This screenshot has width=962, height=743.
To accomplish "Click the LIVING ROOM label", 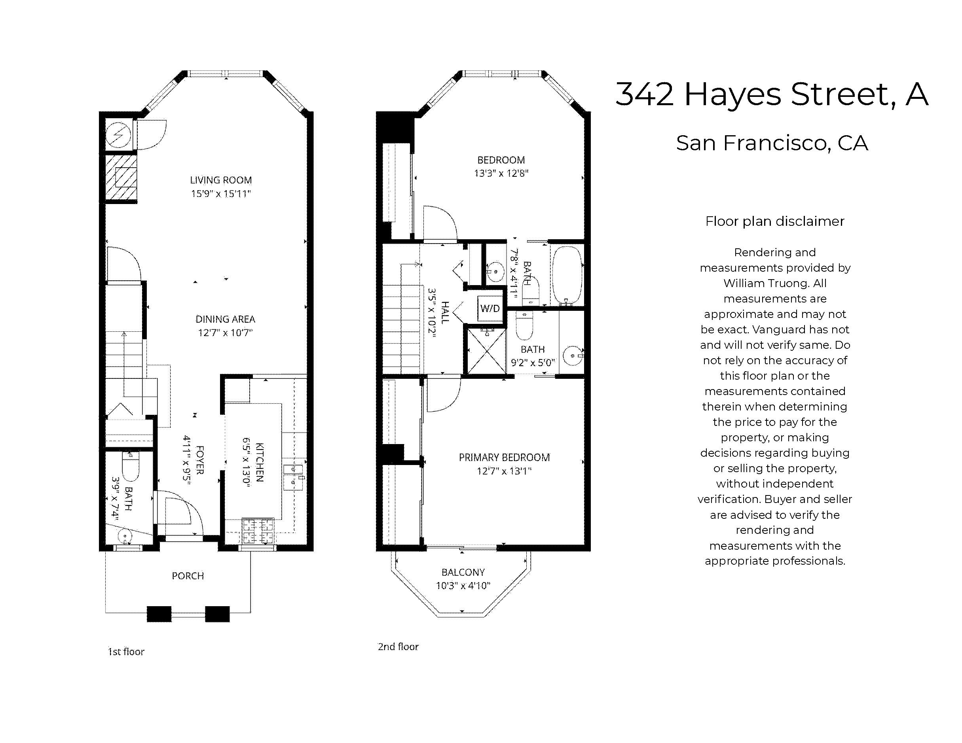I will tap(221, 180).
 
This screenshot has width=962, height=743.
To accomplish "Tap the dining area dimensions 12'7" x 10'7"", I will tap(225, 333).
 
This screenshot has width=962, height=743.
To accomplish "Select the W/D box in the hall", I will tap(490, 308).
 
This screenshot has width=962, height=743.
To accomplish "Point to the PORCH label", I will tap(188, 576).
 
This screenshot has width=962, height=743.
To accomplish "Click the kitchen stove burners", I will tap(258, 531).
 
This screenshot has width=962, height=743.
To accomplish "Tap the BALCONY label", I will tap(463, 572).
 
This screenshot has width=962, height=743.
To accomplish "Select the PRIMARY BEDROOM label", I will tap(504, 458).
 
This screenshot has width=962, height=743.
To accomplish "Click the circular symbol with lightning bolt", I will tap(118, 134).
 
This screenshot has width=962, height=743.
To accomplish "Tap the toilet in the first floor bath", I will tap(130, 467).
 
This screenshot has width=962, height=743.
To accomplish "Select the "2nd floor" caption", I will tap(398, 647).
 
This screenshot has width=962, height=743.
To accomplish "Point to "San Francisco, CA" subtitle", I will tap(772, 143).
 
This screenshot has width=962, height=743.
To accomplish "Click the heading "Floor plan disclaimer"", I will tap(774, 221).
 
